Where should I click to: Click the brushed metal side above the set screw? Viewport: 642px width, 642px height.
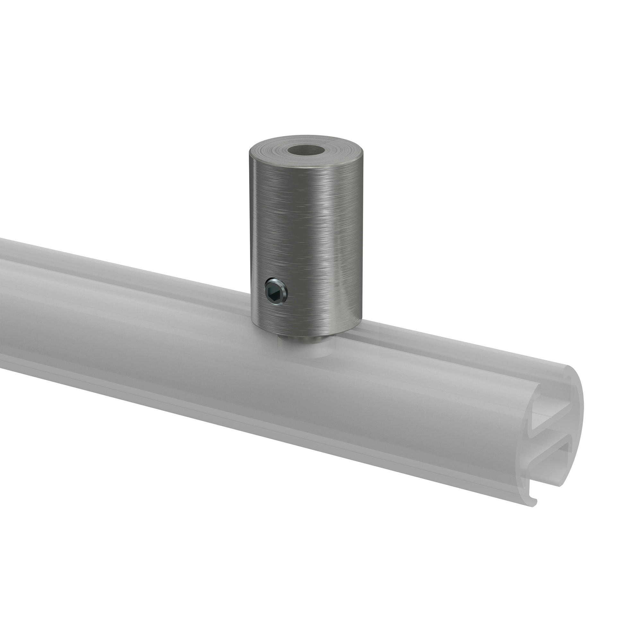click(276, 233)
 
